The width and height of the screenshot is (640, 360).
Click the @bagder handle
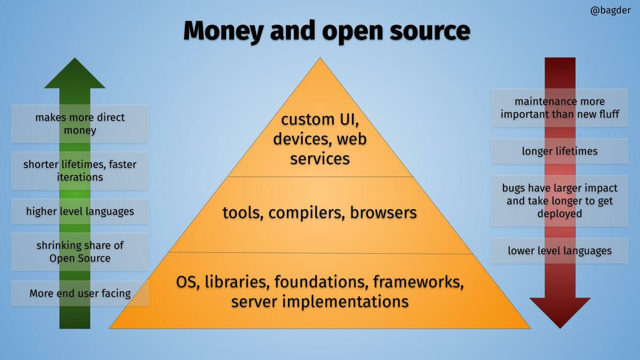tap(610, 11)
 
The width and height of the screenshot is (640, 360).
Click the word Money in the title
tap(223, 31)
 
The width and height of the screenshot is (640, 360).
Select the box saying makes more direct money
tap(79, 124)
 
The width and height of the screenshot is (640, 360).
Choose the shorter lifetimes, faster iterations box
tap(79, 171)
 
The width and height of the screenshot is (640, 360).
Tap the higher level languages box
tap(79, 211)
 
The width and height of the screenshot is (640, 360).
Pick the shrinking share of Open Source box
tap(79, 252)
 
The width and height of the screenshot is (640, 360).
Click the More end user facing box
tap(79, 293)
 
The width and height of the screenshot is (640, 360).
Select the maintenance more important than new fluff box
tap(559, 108)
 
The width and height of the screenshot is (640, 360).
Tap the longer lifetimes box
tap(559, 151)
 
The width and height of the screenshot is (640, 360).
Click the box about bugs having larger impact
tap(559, 201)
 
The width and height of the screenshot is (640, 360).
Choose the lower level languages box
tap(559, 251)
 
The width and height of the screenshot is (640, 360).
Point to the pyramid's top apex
tap(320, 58)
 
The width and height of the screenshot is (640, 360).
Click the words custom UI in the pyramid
tap(320, 119)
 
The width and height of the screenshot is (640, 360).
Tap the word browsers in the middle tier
tap(383, 212)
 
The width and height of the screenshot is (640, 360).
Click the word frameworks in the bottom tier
tap(418, 282)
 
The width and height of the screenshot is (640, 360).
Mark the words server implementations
tap(320, 302)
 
